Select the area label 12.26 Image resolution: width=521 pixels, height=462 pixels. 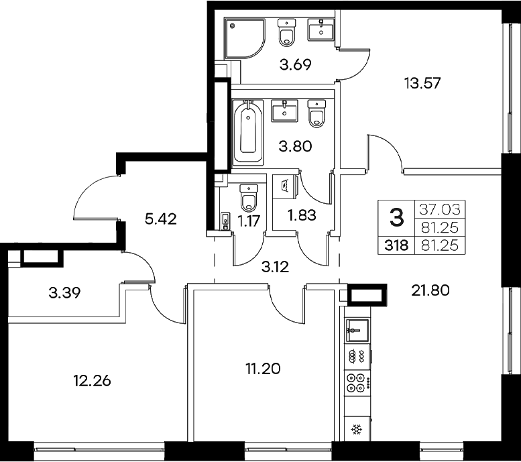click(x=91, y=381)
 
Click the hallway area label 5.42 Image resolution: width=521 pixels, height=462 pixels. click(x=160, y=219)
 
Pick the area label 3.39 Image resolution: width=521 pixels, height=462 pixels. click(x=66, y=292)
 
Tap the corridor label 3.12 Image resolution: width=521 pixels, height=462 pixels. click(x=276, y=266)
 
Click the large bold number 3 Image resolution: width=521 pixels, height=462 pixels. click(x=397, y=217)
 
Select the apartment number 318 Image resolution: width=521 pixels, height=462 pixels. click(x=396, y=245)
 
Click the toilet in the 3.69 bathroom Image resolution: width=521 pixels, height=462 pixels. click(x=286, y=32)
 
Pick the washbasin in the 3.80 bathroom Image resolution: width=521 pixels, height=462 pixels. click(x=284, y=111)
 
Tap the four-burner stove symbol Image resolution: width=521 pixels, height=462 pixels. click(x=356, y=384)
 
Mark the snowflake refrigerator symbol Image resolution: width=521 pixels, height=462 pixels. click(x=356, y=429)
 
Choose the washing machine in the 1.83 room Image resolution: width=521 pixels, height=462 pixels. click(x=284, y=185)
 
